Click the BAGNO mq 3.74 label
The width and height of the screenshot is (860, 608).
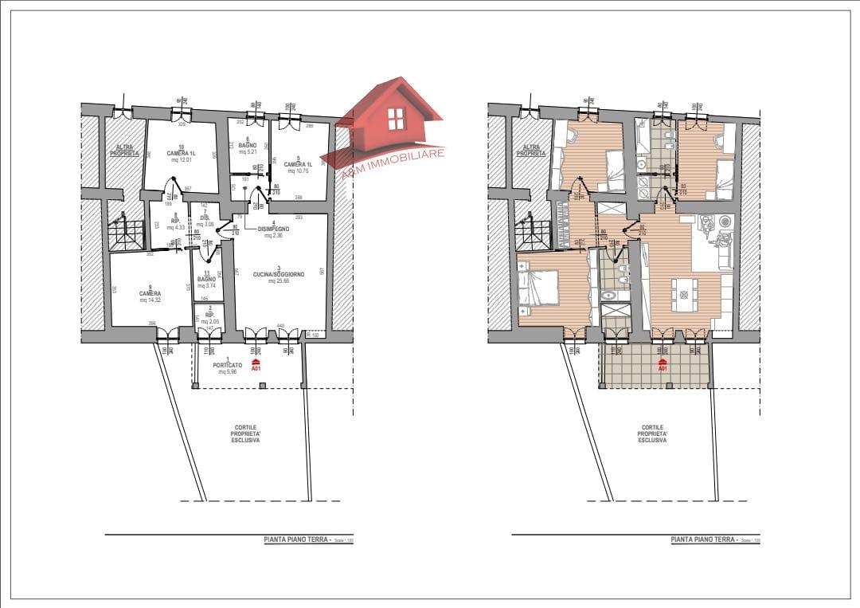click(207, 280)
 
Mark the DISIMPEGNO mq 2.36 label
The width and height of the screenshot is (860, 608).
click(274, 229)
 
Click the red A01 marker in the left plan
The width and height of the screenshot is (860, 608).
click(256, 366)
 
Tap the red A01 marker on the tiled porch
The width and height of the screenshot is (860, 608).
click(663, 366)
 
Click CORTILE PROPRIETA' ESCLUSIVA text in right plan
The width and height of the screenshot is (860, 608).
click(652, 433)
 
